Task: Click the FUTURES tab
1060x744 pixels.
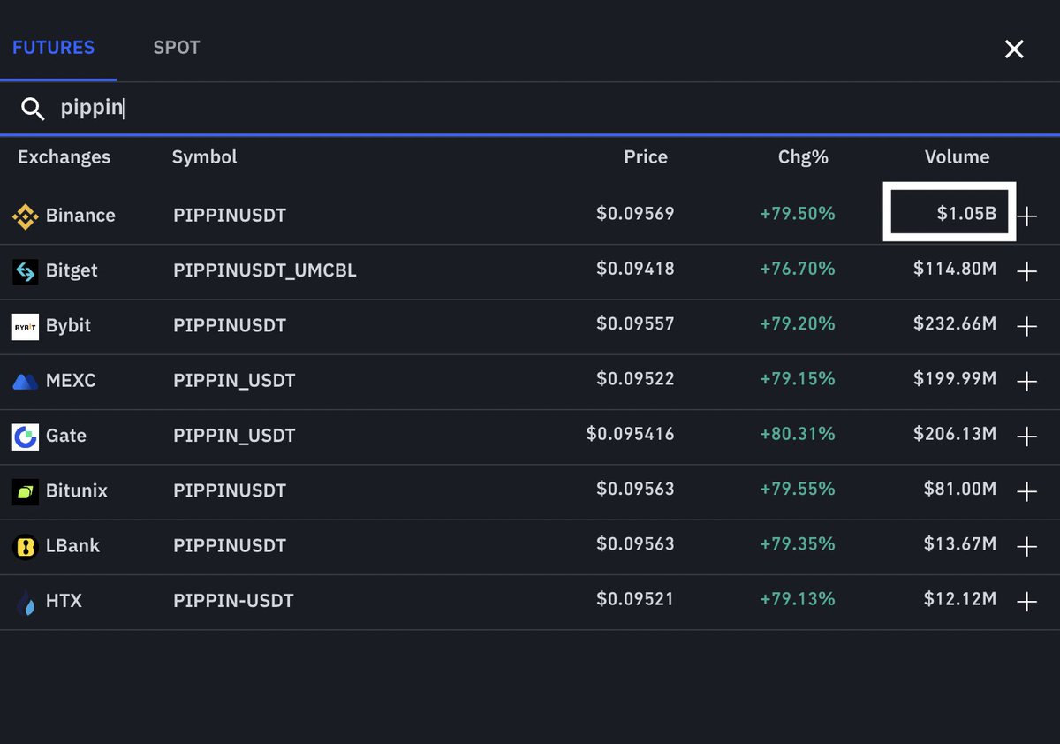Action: (x=53, y=48)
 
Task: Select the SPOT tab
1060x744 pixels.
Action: (x=177, y=48)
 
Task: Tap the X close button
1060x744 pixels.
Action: (x=1014, y=49)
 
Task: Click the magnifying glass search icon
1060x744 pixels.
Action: (x=33, y=109)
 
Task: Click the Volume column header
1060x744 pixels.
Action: (x=957, y=157)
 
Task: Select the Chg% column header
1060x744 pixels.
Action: (x=803, y=157)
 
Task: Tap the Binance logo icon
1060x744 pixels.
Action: (x=25, y=216)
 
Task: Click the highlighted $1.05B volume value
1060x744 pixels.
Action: (x=966, y=214)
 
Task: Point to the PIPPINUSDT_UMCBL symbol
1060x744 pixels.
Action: (x=265, y=270)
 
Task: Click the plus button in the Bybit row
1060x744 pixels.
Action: (x=1026, y=327)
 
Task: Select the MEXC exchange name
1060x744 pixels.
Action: (x=71, y=381)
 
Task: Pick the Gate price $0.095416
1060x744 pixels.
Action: (x=630, y=434)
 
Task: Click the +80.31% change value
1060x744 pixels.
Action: (x=797, y=434)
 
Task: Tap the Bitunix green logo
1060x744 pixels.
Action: (x=25, y=491)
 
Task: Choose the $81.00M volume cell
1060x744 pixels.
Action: (x=960, y=490)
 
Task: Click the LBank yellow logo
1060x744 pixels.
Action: (x=25, y=546)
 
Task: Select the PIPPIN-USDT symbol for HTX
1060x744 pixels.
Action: (x=233, y=601)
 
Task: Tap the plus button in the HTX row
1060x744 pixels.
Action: (x=1026, y=602)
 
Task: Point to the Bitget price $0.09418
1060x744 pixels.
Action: (x=635, y=269)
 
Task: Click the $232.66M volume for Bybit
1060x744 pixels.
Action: (x=955, y=324)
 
